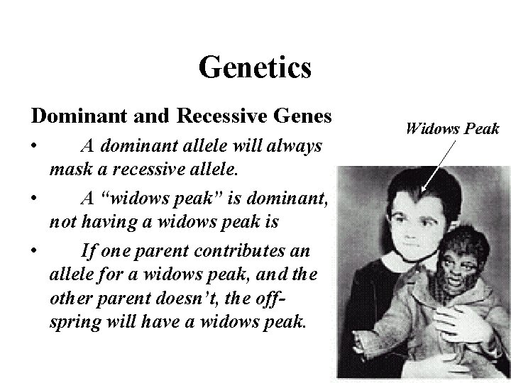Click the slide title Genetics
point(255,68)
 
